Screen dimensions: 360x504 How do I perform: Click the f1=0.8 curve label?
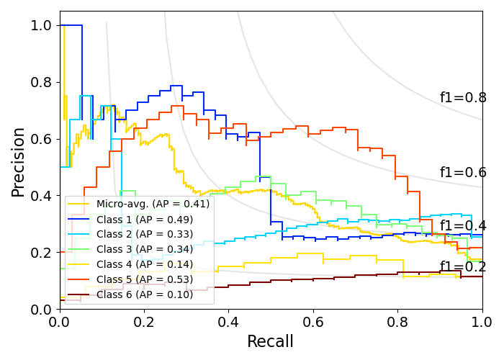[463, 98]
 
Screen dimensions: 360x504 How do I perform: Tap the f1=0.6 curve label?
[463, 173]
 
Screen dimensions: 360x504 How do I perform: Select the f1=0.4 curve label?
[463, 226]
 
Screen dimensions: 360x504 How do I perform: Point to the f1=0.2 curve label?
[463, 267]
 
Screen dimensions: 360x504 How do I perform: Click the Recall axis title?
[271, 341]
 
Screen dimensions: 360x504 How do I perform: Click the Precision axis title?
[19, 161]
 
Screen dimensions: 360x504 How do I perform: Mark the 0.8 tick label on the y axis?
[42, 82]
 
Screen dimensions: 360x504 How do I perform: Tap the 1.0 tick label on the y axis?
[42, 25]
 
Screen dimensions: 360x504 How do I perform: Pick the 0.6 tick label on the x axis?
[313, 322]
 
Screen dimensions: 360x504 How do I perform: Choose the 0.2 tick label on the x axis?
[144, 322]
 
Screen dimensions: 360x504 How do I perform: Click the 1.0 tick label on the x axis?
[482, 322]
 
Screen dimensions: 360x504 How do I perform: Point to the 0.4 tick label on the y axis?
[42, 196]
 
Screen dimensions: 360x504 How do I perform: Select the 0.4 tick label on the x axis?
[229, 322]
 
